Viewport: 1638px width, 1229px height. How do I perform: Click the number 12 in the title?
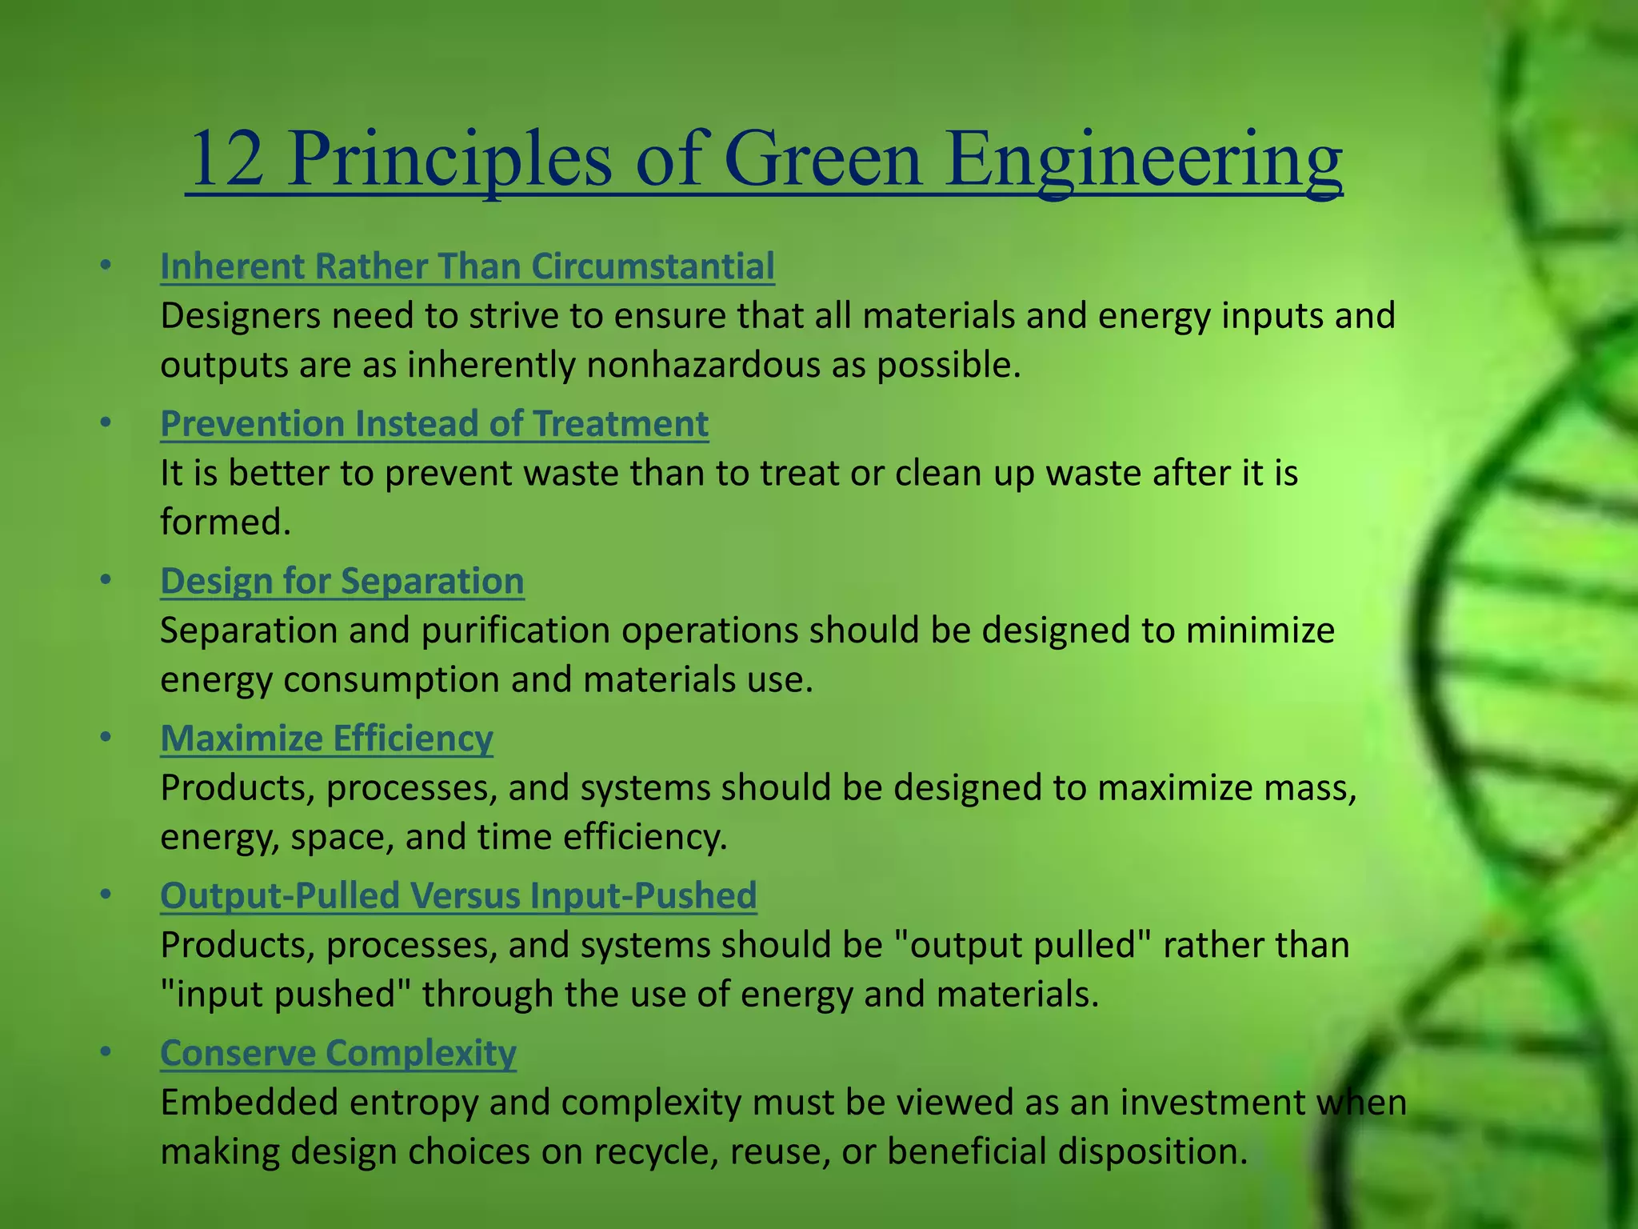tap(227, 160)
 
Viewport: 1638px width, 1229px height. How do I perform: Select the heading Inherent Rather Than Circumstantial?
tap(467, 266)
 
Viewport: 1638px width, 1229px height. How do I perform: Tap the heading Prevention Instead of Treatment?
tap(434, 424)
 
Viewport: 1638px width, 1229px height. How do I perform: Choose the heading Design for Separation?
tap(342, 581)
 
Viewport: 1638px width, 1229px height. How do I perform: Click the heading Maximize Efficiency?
tap(326, 739)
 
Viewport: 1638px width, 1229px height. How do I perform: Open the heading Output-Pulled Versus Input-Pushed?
tap(458, 895)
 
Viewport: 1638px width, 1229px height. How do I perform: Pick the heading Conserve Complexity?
tap(338, 1053)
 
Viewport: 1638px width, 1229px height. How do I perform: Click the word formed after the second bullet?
tap(225, 522)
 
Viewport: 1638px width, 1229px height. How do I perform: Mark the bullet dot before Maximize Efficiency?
tap(106, 738)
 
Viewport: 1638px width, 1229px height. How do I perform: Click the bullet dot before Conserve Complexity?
tap(106, 1052)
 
